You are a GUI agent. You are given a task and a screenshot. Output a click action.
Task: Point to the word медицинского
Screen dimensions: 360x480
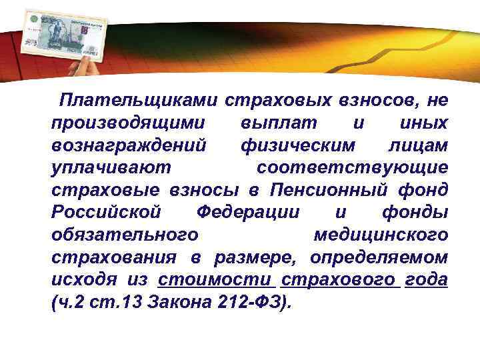click(x=380, y=235)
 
